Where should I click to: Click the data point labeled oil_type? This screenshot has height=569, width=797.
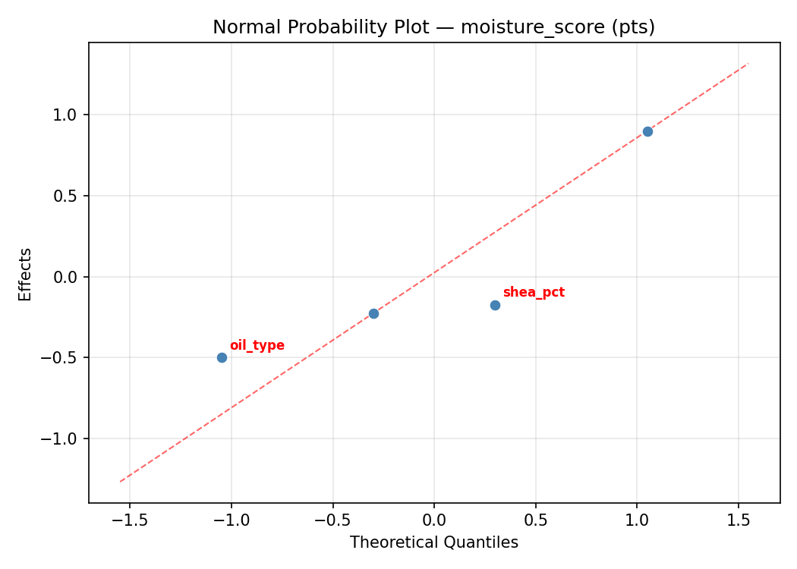222,357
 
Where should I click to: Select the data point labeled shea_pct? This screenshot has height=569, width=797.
495,305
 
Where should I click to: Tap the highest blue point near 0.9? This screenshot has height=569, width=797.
647,131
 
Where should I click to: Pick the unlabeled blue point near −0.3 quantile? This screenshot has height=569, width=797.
373,313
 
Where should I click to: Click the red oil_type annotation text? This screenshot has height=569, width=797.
257,346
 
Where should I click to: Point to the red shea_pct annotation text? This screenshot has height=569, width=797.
534,293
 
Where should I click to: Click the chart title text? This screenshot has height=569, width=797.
433,27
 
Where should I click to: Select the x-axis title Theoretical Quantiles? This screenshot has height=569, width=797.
433,542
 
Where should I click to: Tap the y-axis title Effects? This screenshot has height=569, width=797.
26,274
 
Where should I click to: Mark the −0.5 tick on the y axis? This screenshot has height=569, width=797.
65,357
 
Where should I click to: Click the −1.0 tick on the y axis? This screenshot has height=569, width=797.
65,439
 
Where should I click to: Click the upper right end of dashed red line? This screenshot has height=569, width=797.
748,63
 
